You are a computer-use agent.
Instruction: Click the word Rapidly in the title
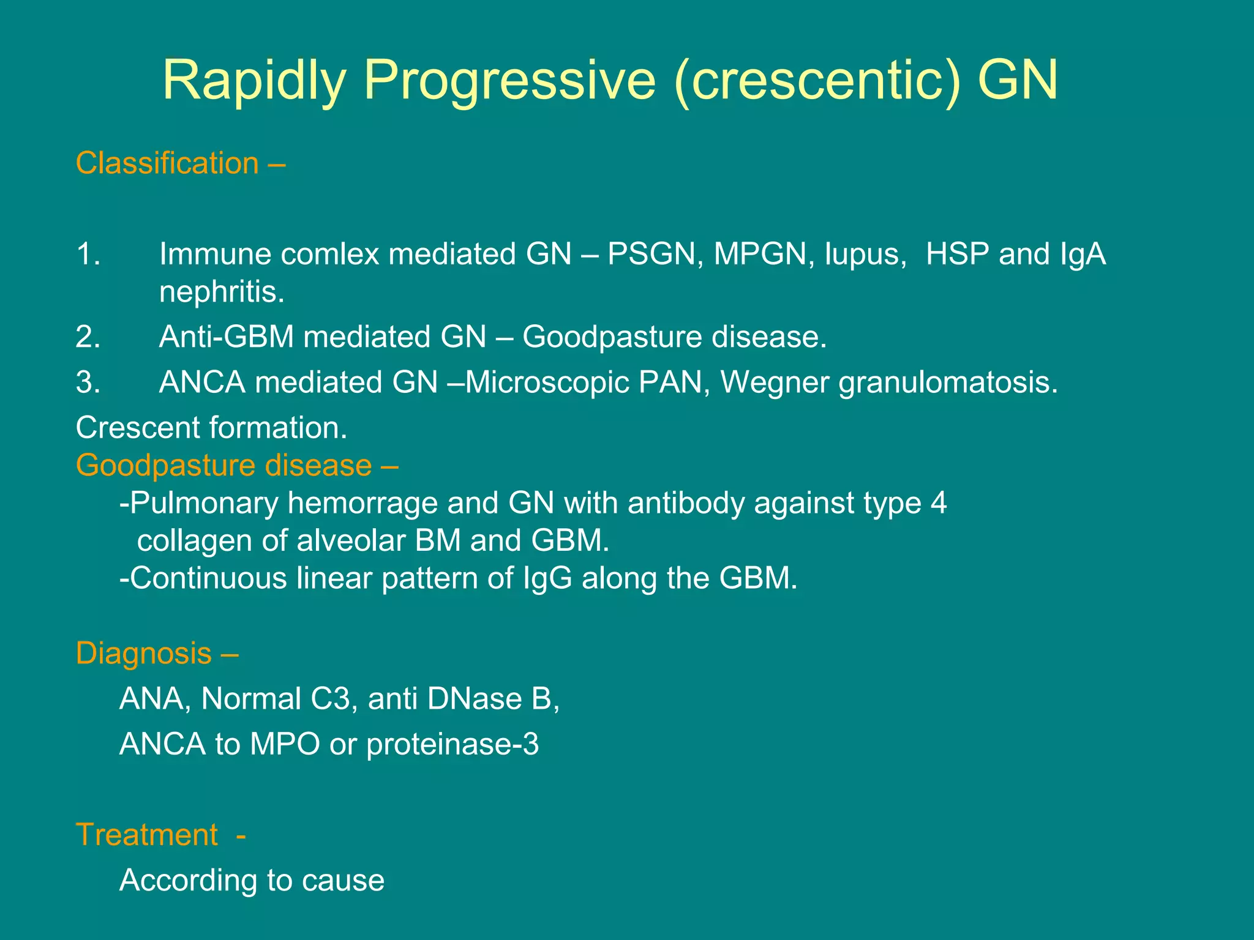click(253, 81)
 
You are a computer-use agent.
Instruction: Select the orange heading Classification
click(167, 163)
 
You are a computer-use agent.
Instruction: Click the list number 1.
click(88, 254)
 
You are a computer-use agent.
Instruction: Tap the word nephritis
click(222, 292)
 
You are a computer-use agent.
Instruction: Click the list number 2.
click(88, 337)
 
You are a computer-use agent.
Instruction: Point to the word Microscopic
click(547, 383)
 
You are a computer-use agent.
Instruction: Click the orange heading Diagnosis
click(144, 654)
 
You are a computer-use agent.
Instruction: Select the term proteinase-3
click(452, 745)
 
